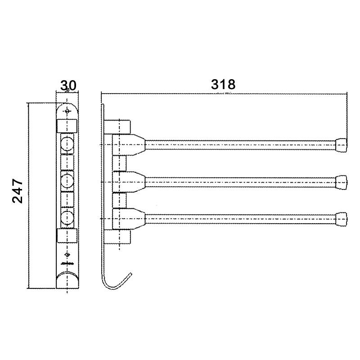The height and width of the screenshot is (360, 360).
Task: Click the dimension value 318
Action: click(224, 84)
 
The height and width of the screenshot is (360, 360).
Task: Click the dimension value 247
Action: click(18, 191)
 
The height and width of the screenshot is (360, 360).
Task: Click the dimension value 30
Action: click(67, 85)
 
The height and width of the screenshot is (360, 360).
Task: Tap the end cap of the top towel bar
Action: click(342, 145)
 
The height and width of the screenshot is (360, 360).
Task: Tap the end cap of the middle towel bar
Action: click(342, 181)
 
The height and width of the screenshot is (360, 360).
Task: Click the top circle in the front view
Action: click(67, 144)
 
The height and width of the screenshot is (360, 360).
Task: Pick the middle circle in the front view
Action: click(67, 181)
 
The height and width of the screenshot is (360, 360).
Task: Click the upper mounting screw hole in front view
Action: click(67, 110)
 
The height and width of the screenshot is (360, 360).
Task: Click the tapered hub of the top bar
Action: click(137, 145)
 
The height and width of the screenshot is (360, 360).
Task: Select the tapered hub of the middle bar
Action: click(137, 181)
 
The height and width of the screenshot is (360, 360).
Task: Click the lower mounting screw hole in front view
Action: click(67, 258)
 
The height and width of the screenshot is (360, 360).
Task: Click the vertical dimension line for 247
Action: click(29, 196)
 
